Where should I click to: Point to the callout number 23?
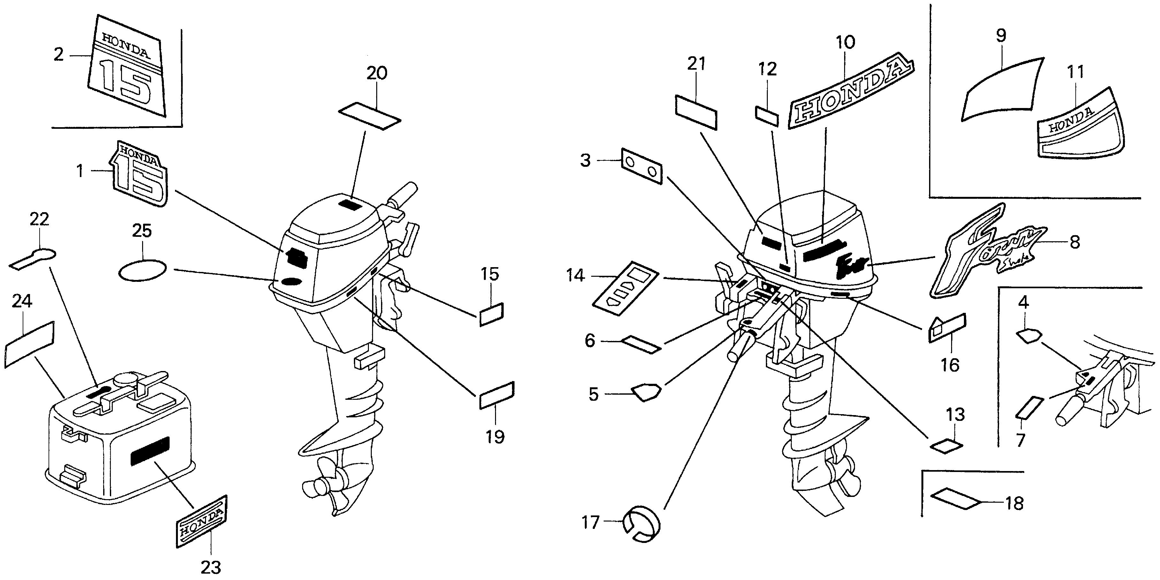point(211,567)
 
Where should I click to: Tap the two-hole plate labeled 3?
point(642,166)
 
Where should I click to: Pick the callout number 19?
point(495,436)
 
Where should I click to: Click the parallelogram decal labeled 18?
point(955,499)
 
